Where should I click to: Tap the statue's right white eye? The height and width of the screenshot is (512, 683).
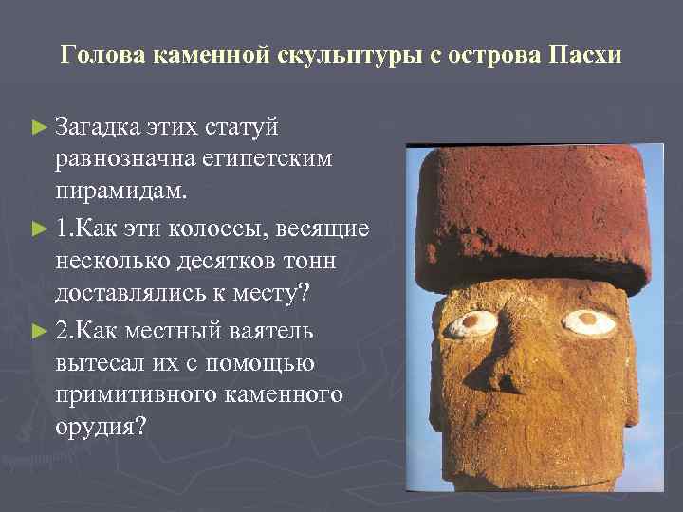(588, 321)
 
